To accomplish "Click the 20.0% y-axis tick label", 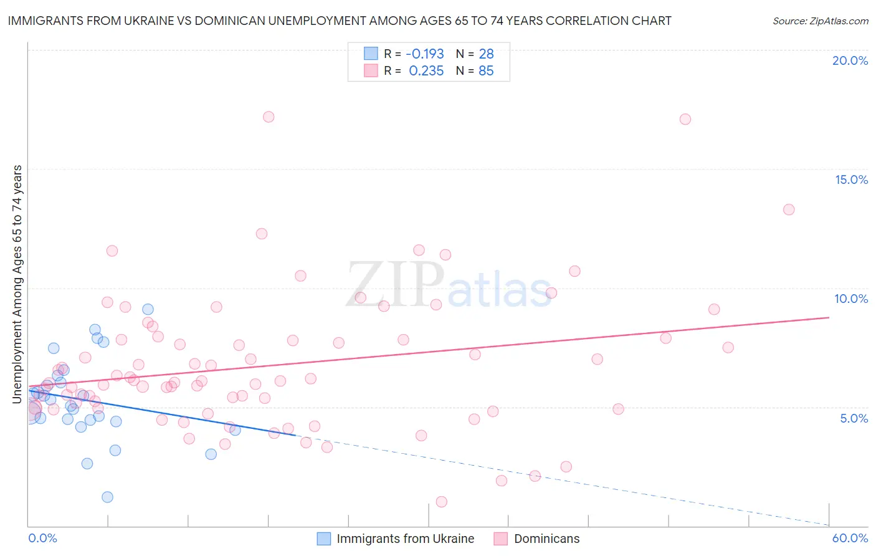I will pos(850,60).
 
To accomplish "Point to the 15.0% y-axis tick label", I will pos(851,180).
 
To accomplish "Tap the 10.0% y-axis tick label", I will pos(851,299).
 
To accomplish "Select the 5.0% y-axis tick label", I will pos(854,418).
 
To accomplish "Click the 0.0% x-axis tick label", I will pos(42,538).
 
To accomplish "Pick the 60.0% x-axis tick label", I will pos(850,538).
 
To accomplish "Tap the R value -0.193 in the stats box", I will pos(424,54).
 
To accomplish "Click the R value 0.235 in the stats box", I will pos(426,71).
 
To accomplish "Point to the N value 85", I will pos(486,71).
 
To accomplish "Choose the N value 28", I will pos(486,54).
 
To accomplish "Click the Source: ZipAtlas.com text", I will pos(820,21).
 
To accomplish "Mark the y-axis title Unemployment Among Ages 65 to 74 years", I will pos(17,284).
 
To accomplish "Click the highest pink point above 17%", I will pos(269,117).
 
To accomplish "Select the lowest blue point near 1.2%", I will pos(107,497).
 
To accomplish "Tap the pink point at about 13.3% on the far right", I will pos(789,209).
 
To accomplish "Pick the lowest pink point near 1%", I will pos(441,502).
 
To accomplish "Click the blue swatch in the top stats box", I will pos(371,54).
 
